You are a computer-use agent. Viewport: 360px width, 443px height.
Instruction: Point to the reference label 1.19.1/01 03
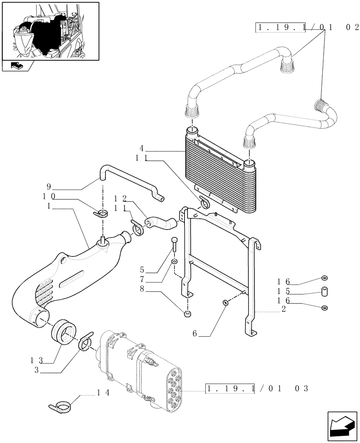257,389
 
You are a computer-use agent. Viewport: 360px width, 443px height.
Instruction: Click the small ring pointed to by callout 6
225,303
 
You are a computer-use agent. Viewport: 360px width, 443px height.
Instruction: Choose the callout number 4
141,149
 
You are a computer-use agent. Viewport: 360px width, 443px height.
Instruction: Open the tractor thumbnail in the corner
50,31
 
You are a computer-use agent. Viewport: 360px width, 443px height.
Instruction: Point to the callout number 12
121,198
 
